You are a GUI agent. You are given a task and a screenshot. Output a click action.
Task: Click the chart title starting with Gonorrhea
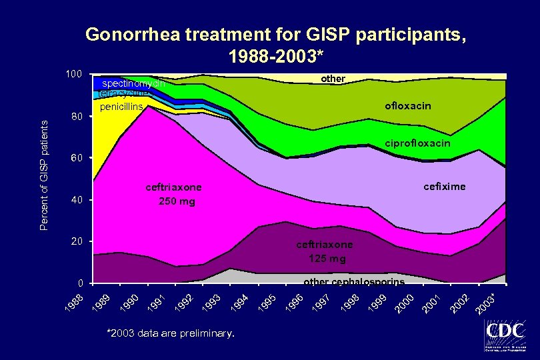(x=275, y=44)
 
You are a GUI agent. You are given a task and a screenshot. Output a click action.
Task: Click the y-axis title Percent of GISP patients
(x=43, y=175)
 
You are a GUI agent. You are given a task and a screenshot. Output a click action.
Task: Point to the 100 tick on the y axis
(x=73, y=73)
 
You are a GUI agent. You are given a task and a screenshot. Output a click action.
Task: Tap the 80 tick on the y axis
(x=76, y=117)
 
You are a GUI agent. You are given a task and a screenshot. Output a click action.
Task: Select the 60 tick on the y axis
(x=76, y=159)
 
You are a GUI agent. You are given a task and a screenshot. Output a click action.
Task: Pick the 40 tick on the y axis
(x=76, y=200)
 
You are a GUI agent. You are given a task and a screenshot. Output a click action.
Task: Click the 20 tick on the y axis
(x=76, y=241)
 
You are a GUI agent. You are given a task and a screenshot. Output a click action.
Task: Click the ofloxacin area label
(x=407, y=106)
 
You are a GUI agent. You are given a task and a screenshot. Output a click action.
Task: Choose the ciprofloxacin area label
(x=418, y=143)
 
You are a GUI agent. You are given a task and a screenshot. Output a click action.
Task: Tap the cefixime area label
(x=445, y=187)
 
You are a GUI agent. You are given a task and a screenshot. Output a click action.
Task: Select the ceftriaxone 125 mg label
(x=323, y=251)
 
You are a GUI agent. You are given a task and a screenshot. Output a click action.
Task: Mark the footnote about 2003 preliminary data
(x=171, y=331)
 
